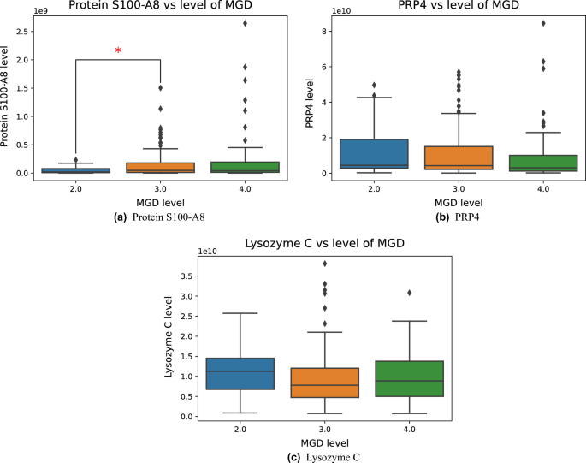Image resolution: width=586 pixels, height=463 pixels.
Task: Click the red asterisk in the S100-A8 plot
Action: [x=118, y=51]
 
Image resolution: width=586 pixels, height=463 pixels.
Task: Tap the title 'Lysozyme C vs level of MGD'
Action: [x=300, y=242]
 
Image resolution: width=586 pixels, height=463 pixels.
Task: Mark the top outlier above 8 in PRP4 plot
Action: [x=543, y=23]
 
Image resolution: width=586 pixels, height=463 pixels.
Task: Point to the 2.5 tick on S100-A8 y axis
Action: [x=31, y=31]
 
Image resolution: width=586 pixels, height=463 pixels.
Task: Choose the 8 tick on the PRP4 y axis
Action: [x=327, y=31]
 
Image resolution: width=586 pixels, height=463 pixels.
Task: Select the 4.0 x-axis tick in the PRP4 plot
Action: [x=543, y=187]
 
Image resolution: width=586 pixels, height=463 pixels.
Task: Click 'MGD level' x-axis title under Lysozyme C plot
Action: [x=300, y=442]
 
